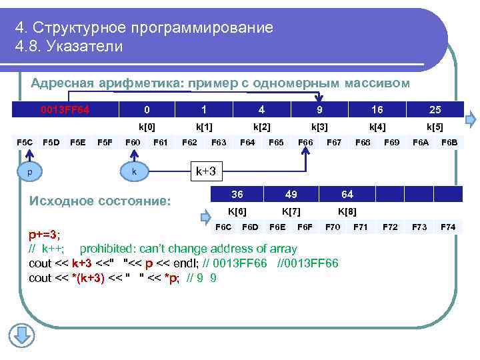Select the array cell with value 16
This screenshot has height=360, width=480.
click(x=377, y=109)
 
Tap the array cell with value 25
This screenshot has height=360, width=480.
click(x=434, y=109)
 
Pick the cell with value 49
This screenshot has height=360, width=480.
click(x=291, y=195)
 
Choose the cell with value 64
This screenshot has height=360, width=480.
click(x=347, y=195)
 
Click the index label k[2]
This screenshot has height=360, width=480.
click(x=261, y=126)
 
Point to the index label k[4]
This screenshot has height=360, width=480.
click(x=377, y=126)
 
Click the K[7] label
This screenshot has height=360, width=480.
click(x=291, y=211)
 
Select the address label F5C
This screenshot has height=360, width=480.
click(x=25, y=142)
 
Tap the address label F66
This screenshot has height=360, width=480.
click(x=305, y=142)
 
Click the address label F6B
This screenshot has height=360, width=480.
click(x=449, y=142)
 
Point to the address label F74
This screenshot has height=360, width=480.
click(x=448, y=227)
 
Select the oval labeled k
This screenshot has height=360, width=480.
click(x=134, y=171)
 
